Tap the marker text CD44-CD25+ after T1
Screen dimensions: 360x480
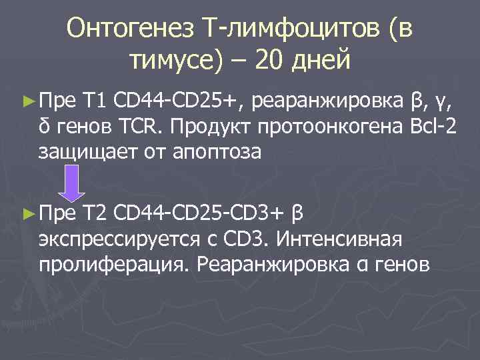(x=178, y=101)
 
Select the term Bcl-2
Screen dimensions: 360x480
(x=435, y=127)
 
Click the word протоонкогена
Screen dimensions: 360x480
(x=340, y=127)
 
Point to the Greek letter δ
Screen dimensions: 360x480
(x=45, y=127)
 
